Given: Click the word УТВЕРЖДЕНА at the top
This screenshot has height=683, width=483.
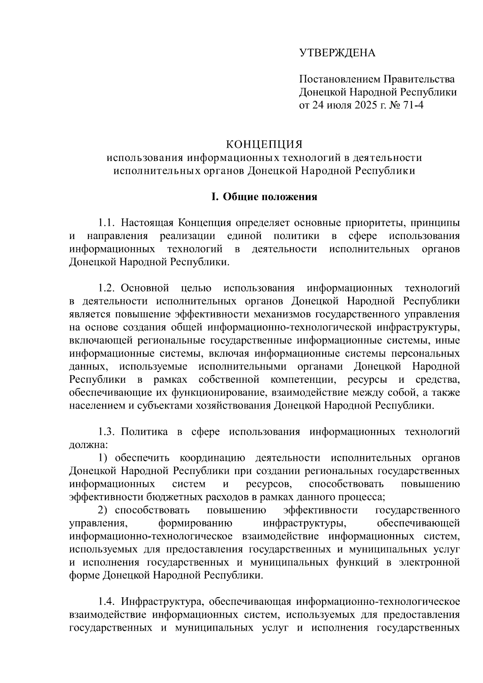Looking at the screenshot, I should click(337, 53).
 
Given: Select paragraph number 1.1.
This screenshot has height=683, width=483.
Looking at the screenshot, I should click(107, 223).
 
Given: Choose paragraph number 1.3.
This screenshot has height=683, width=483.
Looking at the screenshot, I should click(107, 432).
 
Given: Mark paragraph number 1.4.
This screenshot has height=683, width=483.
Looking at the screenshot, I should click(107, 602).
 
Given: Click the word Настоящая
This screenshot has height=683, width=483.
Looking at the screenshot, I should click(147, 223).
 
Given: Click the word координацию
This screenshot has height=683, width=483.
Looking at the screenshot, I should click(213, 458).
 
